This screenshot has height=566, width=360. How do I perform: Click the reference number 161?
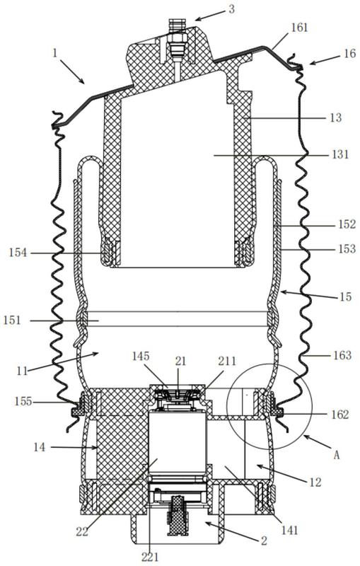pyautogui.click(x=299, y=28)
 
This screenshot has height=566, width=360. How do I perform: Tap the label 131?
pyautogui.click(x=339, y=154)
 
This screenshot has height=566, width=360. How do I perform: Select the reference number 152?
pyautogui.click(x=347, y=224)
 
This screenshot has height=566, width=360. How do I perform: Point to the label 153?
pyautogui.click(x=347, y=249)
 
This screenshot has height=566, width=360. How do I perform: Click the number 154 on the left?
pyautogui.click(x=18, y=253)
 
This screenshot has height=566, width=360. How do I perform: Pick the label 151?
pyautogui.click(x=12, y=320)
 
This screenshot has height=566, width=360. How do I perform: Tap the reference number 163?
pyautogui.click(x=342, y=355)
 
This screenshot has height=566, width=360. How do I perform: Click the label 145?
pyautogui.click(x=140, y=357)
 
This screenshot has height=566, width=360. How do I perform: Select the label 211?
pyautogui.click(x=226, y=361)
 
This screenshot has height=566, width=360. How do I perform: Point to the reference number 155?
pyautogui.click(x=23, y=401)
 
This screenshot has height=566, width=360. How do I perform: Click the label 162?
pyautogui.click(x=339, y=415)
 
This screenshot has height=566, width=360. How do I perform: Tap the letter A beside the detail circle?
pyautogui.click(x=336, y=455)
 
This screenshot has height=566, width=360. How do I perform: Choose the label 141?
pyautogui.click(x=290, y=530)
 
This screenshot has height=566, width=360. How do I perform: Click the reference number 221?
pyautogui.click(x=150, y=557)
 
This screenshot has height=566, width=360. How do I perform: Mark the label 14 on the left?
pyautogui.click(x=40, y=447)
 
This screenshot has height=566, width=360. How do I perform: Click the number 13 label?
pyautogui.click(x=335, y=117)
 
